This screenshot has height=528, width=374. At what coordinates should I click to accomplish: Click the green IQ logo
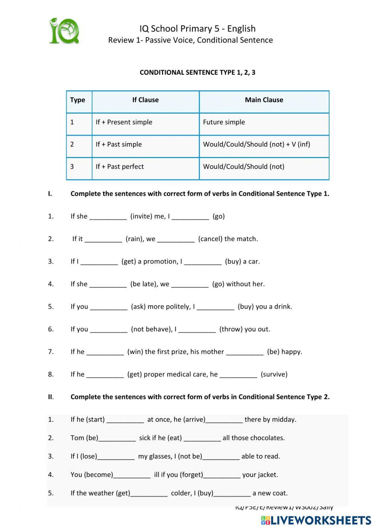(64, 31)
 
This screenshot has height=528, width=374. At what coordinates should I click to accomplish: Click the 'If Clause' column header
(145, 100)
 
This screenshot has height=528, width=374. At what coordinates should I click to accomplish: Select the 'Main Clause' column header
(264, 100)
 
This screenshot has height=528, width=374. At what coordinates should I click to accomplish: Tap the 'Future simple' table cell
(224, 122)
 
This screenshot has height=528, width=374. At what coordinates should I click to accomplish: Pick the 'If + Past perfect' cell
(120, 167)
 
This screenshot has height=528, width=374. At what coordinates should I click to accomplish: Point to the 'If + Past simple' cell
(119, 144)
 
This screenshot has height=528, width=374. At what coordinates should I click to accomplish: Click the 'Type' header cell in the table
(77, 100)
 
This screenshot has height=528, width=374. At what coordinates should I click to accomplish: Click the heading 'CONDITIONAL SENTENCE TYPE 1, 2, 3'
(197, 72)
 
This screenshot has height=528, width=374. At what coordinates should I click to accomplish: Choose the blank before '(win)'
(105, 352)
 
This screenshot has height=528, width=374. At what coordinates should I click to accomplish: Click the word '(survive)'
(274, 374)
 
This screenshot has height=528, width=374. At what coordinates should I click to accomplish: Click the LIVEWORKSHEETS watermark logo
(316, 520)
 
